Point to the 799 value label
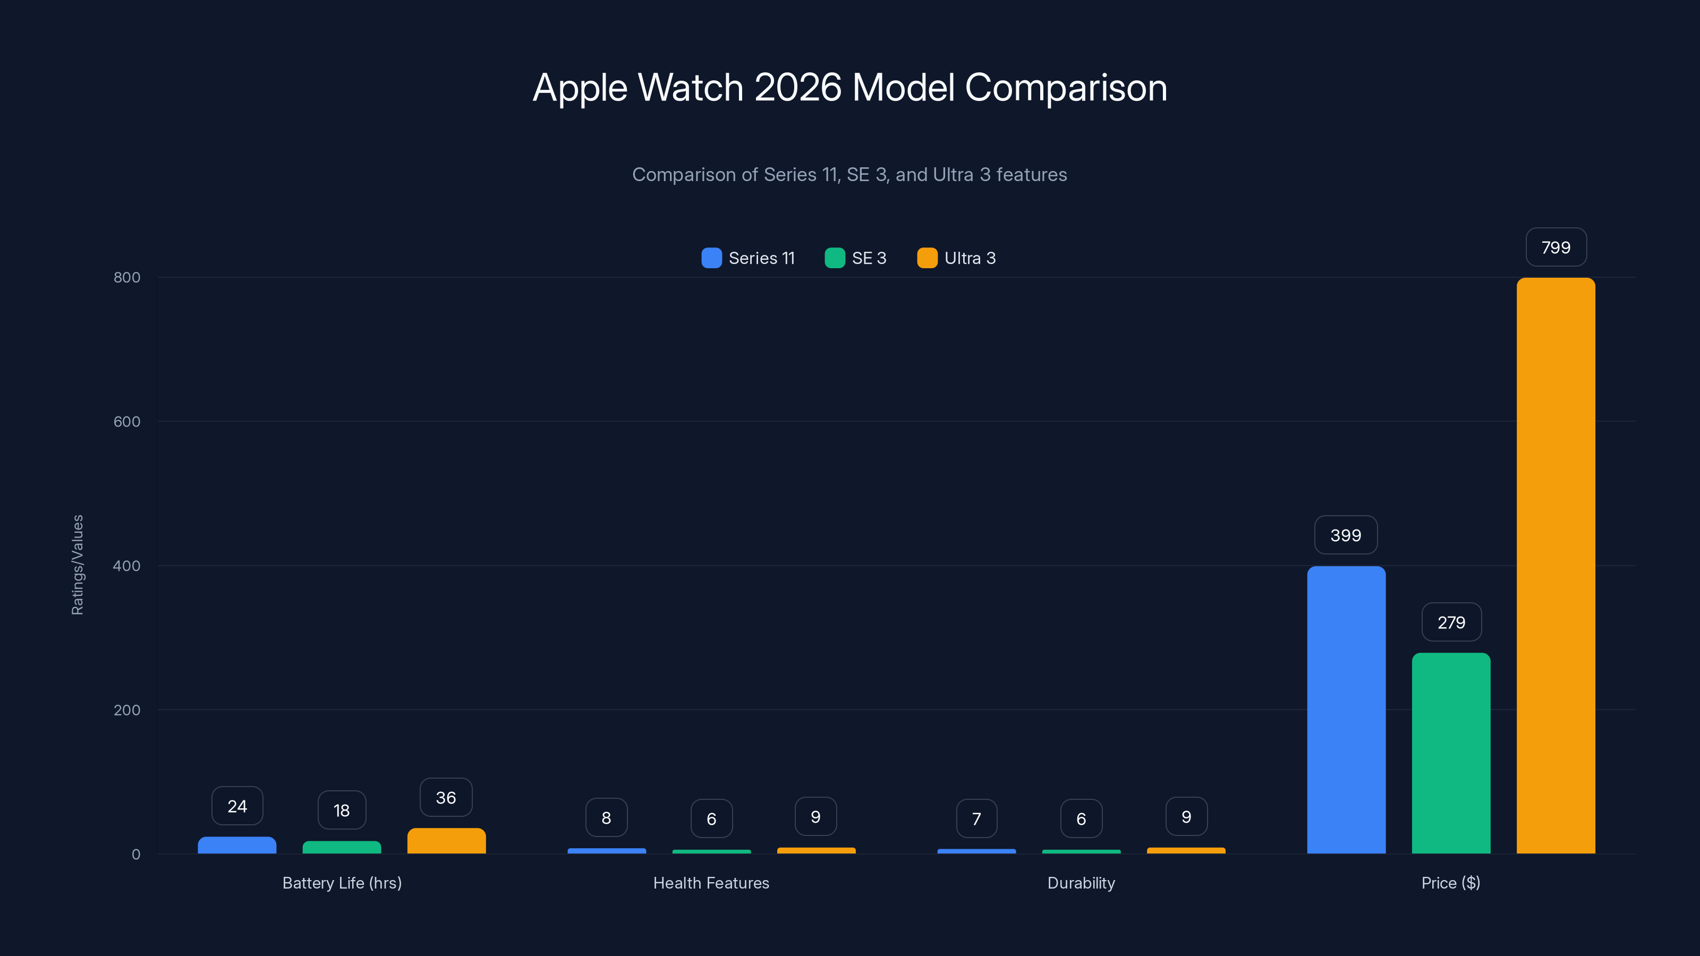[1555, 247]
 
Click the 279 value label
[1450, 622]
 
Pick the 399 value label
[1346, 535]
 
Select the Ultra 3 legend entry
[956, 258]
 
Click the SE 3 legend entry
[855, 258]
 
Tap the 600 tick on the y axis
[127, 422]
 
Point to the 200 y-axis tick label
[127, 710]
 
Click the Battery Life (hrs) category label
[342, 883]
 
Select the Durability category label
[1081, 883]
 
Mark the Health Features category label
[711, 883]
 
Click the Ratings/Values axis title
[77, 565]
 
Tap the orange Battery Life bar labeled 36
[446, 841]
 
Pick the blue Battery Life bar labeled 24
[237, 845]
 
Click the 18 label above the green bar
[341, 810]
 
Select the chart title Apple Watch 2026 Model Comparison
[849, 88]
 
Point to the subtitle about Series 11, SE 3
[849, 174]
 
